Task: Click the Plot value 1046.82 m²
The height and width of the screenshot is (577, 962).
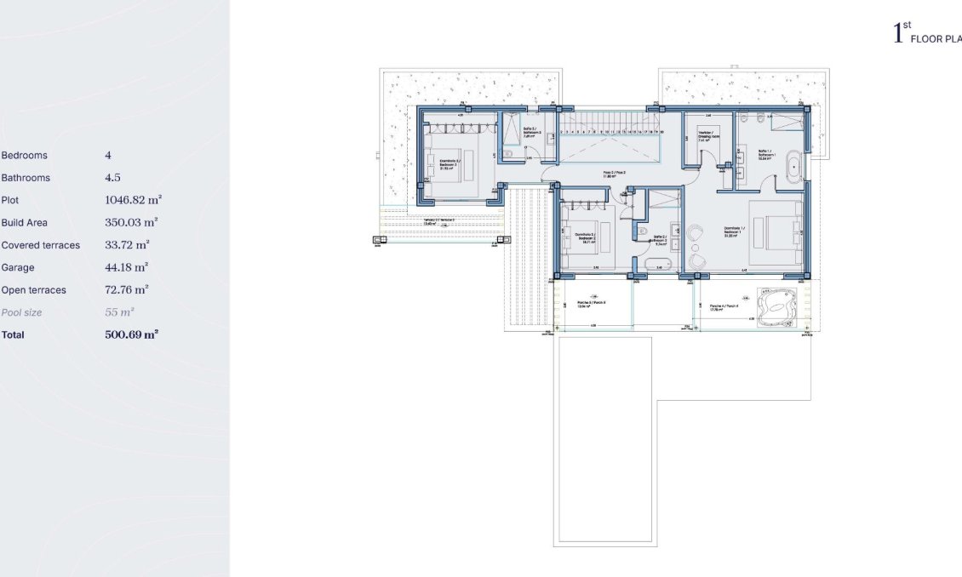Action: (133, 200)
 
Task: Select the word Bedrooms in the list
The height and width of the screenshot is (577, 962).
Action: (25, 156)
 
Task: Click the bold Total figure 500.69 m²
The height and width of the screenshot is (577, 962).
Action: (132, 334)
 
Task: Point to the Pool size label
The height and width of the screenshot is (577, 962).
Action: (21, 312)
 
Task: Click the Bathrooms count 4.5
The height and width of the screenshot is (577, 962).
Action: (112, 178)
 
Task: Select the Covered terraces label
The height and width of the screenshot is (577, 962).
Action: (41, 245)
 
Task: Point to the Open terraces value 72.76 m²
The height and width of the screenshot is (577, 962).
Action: (127, 289)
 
